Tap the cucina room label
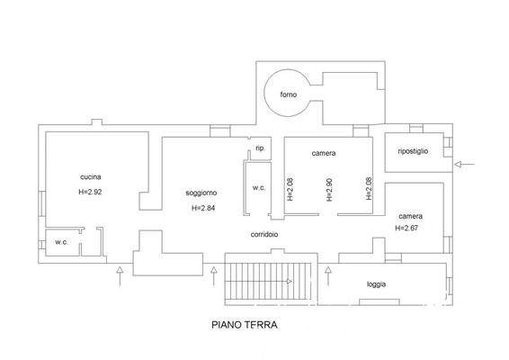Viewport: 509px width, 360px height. (x=91, y=176)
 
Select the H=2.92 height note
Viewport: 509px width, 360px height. (x=90, y=192)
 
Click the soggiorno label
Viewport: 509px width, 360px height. (x=201, y=193)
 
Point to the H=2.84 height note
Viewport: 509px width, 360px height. (x=203, y=208)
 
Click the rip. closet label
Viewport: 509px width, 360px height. (x=260, y=148)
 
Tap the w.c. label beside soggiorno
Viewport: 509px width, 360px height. (x=259, y=188)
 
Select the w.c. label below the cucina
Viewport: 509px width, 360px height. (x=61, y=242)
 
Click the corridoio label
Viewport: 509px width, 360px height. (x=264, y=234)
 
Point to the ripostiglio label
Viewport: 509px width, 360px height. (x=413, y=151)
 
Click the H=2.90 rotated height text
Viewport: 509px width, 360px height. (x=329, y=189)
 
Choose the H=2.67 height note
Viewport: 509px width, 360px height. (x=406, y=228)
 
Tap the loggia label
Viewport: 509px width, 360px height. (x=377, y=284)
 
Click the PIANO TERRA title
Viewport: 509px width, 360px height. (x=245, y=325)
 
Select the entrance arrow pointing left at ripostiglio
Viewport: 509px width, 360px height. (x=465, y=165)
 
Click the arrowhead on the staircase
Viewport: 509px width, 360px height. (x=290, y=282)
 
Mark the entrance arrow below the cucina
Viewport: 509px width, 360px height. (x=121, y=276)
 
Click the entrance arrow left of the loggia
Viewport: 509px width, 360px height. (x=328, y=276)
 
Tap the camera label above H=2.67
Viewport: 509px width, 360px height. (x=411, y=216)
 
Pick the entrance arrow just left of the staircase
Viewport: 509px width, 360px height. (x=214, y=276)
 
